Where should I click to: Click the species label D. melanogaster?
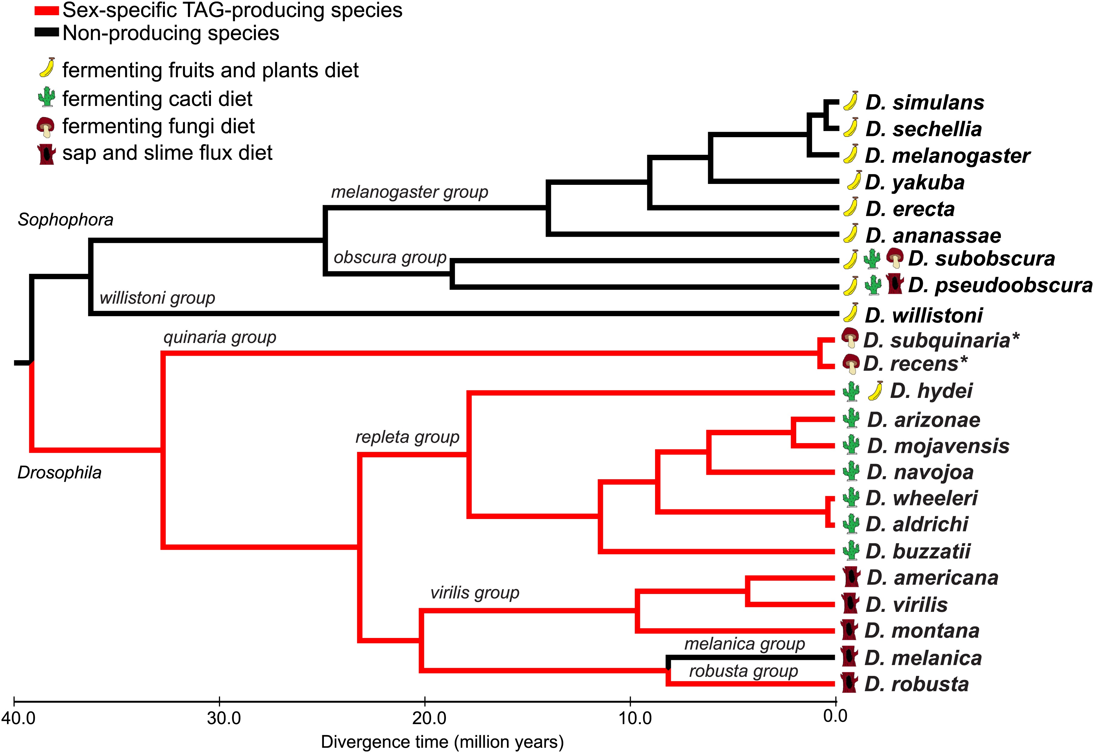(947, 156)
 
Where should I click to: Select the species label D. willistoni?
(924, 315)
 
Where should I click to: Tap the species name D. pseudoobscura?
(1000, 285)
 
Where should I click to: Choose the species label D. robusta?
(916, 684)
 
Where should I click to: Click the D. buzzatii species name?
(918, 551)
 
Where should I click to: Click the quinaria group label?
(220, 337)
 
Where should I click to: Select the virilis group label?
(474, 592)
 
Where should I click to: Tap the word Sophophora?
(66, 219)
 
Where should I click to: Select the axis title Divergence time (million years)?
(442, 742)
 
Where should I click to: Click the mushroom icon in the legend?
(46, 127)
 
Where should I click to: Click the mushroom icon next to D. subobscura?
(895, 258)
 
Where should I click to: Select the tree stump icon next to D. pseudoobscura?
(895, 284)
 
